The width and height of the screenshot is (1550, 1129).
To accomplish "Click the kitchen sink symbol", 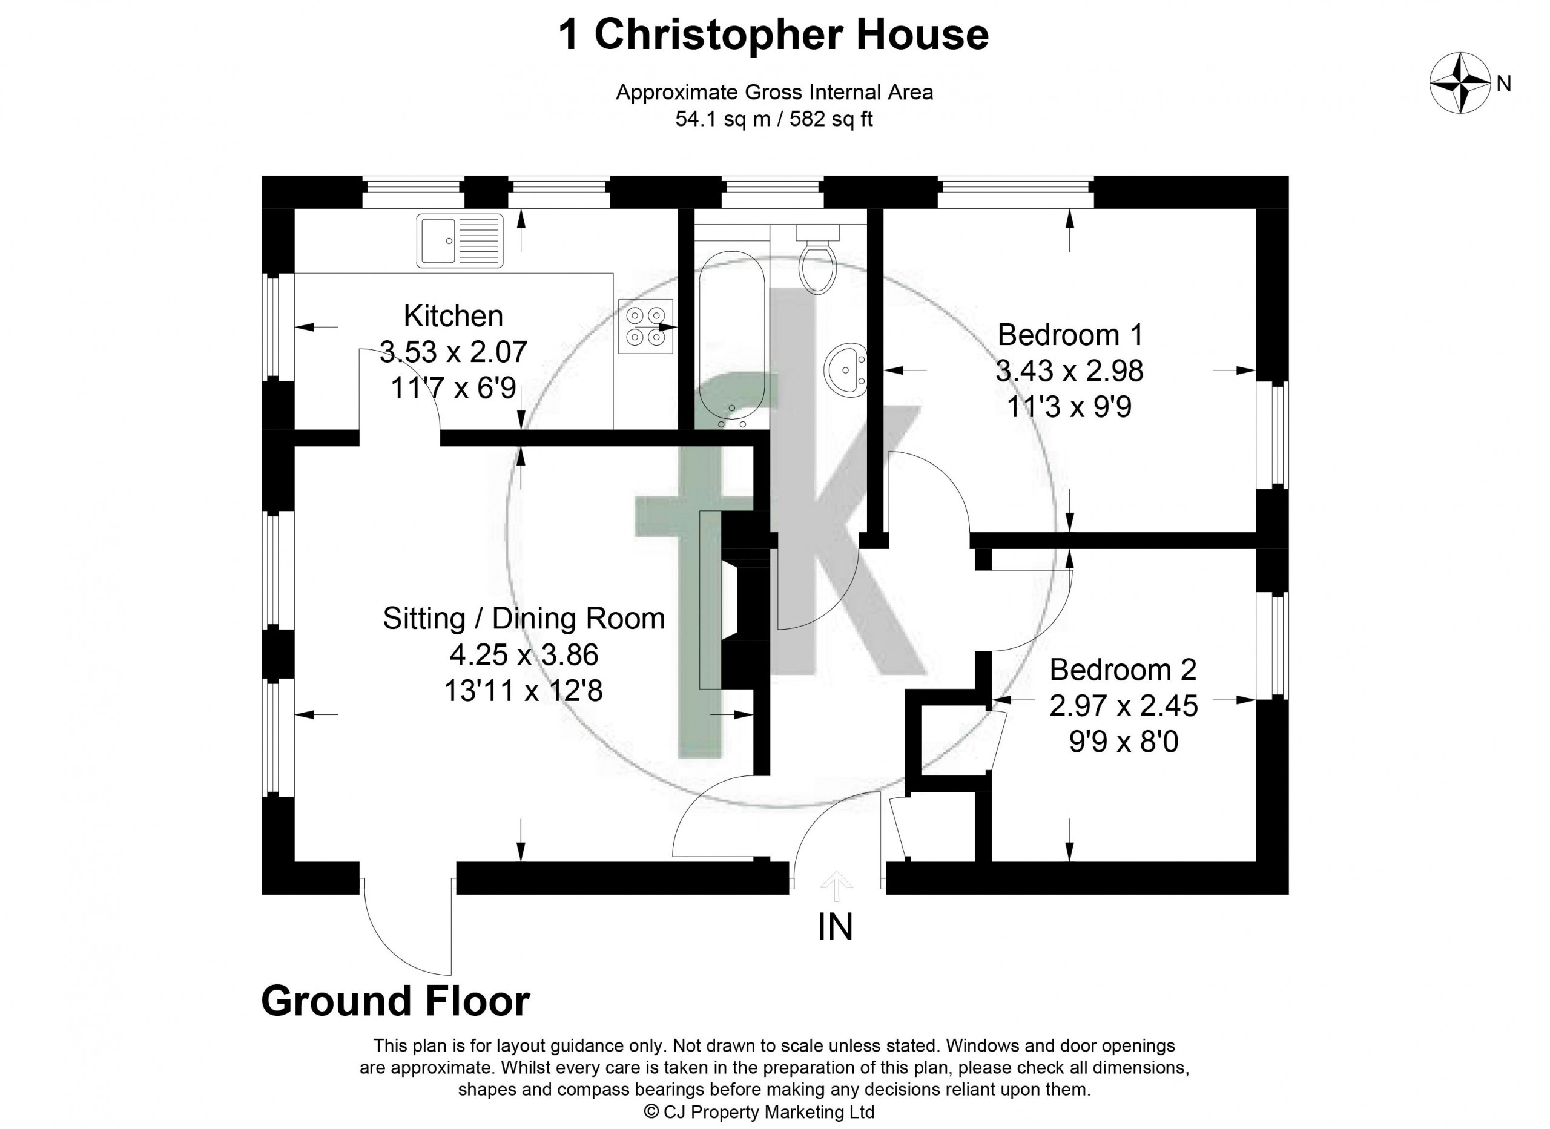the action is (x=460, y=240).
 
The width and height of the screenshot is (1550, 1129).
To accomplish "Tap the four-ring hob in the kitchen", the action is (x=645, y=326).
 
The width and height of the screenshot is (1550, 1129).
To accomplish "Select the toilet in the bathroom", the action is (x=818, y=259).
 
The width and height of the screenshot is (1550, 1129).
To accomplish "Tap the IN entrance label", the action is (x=835, y=928).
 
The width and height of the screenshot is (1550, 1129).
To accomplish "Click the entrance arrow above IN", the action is (x=836, y=886).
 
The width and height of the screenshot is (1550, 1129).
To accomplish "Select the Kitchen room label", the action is (x=453, y=316).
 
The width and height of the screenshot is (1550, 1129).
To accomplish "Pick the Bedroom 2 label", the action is (x=1124, y=670).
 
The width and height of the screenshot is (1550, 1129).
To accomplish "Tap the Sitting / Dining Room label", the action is (x=524, y=619).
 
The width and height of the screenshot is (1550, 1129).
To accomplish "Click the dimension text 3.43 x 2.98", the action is (x=1069, y=371).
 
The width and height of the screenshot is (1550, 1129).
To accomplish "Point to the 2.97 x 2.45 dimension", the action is (x=1124, y=706).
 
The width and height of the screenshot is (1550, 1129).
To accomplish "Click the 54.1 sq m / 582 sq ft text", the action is (x=774, y=120).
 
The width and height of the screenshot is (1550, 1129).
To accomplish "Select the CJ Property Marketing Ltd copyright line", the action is (x=760, y=1112).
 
